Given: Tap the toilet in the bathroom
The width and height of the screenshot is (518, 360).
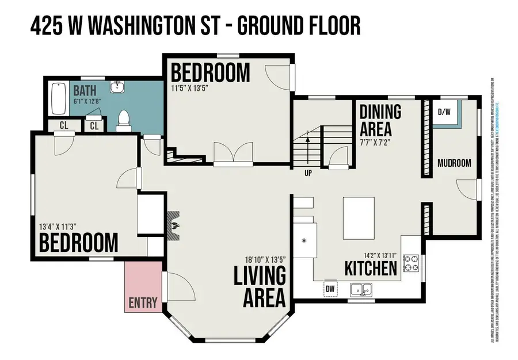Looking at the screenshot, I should (x=123, y=119).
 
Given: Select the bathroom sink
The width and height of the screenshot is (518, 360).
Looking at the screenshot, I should (x=117, y=87).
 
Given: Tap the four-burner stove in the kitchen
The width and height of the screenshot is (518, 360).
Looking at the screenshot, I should (x=411, y=263).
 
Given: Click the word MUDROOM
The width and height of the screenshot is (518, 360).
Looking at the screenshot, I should (x=454, y=163).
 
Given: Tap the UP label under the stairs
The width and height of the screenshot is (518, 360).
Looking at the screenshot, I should (x=308, y=171).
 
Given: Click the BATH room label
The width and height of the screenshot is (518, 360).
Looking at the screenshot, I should (x=84, y=91).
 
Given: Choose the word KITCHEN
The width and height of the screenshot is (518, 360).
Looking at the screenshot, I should (x=371, y=269).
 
